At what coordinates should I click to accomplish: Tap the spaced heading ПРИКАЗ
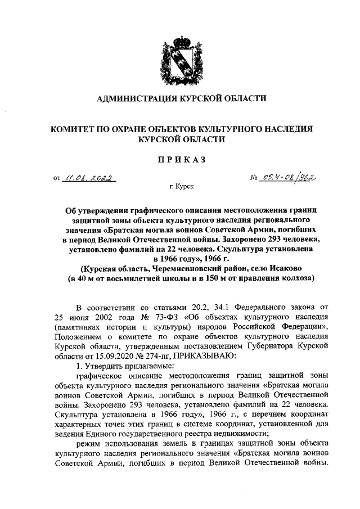180,160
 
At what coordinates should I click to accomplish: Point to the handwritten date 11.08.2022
89,179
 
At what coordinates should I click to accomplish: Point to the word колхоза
292,278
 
